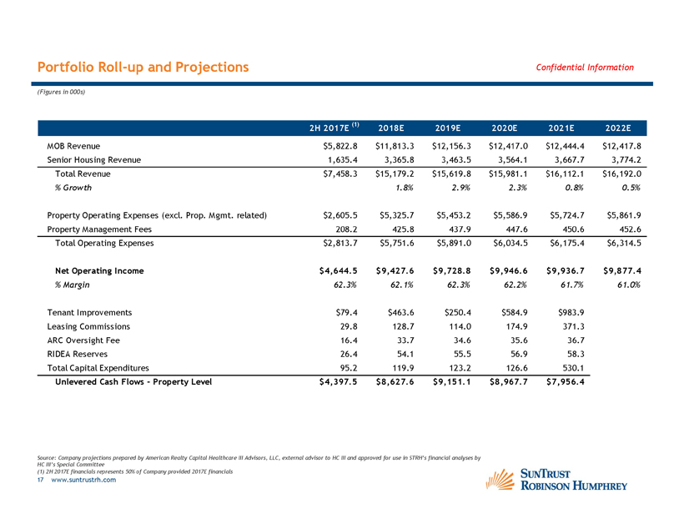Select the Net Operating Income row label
pyautogui.click(x=98, y=271)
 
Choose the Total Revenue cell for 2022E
pyautogui.click(x=617, y=174)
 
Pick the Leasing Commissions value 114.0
pyautogui.click(x=455, y=327)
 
